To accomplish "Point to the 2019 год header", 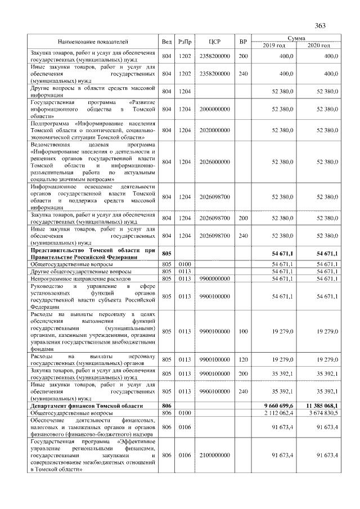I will click(x=274, y=45).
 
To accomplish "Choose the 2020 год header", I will click(x=318, y=45).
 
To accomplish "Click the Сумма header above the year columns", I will click(x=296, y=38).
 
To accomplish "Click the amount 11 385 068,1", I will click(x=320, y=405).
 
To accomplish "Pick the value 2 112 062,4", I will click(x=280, y=413).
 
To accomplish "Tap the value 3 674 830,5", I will click(x=321, y=413).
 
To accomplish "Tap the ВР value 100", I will click(x=243, y=331).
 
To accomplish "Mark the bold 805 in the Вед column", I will click(x=166, y=254).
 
